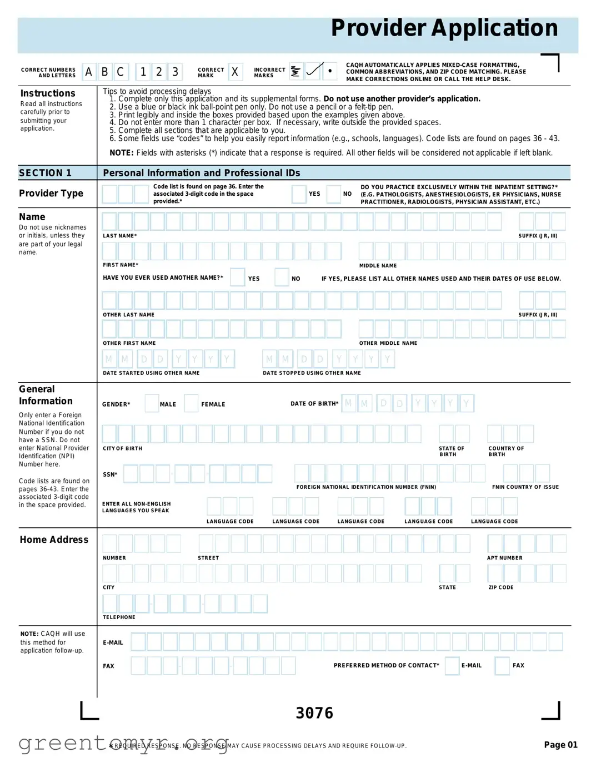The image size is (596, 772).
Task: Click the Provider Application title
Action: click(444, 28)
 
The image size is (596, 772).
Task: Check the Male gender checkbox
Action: click(152, 403)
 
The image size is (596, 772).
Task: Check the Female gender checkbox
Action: click(191, 403)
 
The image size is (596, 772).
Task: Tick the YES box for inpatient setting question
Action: click(299, 194)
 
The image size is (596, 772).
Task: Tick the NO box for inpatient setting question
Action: click(333, 194)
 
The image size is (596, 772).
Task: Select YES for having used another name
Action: click(238, 277)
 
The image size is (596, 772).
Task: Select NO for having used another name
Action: click(282, 277)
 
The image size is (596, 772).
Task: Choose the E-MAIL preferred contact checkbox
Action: click(452, 666)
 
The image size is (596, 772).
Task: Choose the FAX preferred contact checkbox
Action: click(502, 666)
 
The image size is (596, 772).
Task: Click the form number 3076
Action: click(314, 713)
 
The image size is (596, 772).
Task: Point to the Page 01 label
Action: click(560, 745)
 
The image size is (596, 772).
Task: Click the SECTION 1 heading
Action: click(46, 173)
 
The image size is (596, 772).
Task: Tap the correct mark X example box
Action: click(235, 72)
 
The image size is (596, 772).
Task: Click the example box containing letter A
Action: click(89, 72)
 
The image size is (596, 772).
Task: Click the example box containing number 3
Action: click(175, 72)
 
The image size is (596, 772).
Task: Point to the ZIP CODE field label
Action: click(501, 587)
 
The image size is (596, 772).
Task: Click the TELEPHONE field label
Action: click(119, 617)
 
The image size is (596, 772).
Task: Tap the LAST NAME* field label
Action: click(119, 236)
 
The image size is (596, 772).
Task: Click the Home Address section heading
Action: click(54, 540)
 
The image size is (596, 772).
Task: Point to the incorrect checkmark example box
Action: click(314, 71)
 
